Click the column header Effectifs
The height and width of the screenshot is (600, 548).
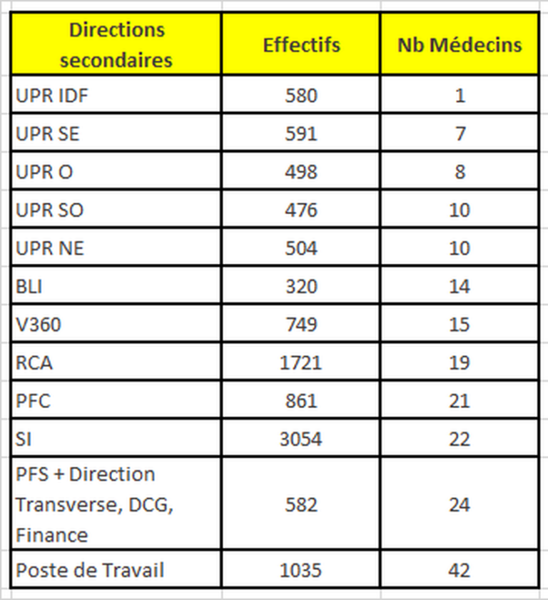301,45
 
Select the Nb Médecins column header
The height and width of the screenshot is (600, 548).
460,45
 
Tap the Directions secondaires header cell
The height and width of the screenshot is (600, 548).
116,45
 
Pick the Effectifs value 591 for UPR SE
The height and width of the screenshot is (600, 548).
300,133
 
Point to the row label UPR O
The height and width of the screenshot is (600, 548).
44,172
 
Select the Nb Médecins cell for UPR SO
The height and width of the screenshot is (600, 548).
460,210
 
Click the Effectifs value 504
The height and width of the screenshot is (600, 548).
300,248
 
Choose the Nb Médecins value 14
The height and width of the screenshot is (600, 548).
460,287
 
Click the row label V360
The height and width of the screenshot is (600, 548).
39,325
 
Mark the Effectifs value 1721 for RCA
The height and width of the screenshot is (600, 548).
300,363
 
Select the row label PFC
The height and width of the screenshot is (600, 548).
34,401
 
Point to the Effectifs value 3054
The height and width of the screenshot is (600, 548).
300,439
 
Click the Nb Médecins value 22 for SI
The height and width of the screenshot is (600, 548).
460,439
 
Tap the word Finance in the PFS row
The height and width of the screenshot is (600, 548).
52,535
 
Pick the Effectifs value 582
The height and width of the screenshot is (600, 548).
300,505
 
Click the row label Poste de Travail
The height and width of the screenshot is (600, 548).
90,571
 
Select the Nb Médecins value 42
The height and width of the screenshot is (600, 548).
460,571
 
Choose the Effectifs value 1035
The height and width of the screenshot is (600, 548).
300,571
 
